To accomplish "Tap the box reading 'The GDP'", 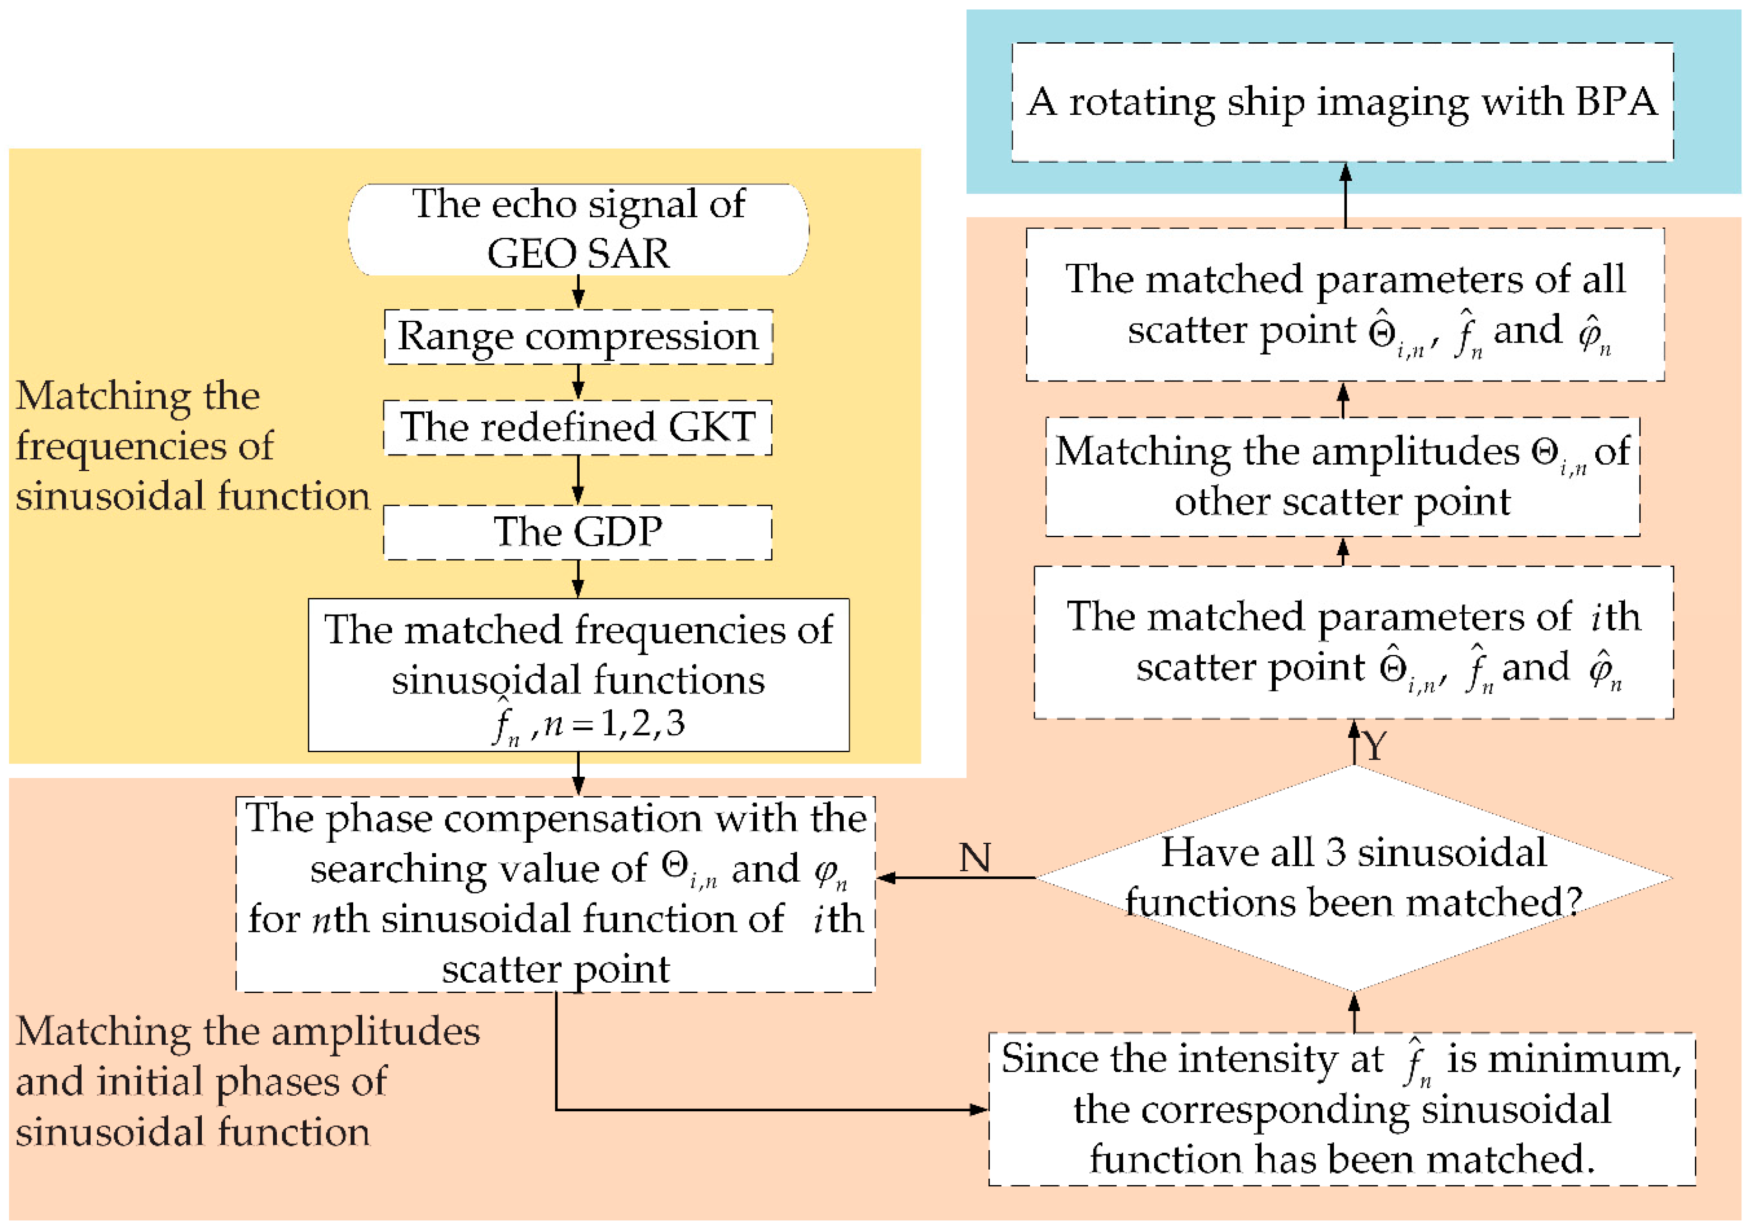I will click(578, 532).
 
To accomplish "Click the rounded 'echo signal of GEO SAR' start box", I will click(578, 229).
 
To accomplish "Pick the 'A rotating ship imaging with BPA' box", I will click(1342, 102).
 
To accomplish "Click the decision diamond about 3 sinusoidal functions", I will click(1353, 878).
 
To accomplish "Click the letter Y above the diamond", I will click(1374, 745).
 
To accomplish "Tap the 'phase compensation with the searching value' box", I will click(555, 893).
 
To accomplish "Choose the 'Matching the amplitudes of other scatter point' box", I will click(1342, 476).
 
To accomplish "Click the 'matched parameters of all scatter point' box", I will click(1345, 304).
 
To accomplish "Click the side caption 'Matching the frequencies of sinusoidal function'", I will click(190, 445).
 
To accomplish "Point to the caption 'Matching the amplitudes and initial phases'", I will click(244, 1080).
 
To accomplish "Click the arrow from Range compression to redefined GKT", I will click(578, 382).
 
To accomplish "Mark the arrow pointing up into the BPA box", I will click(1345, 194).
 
